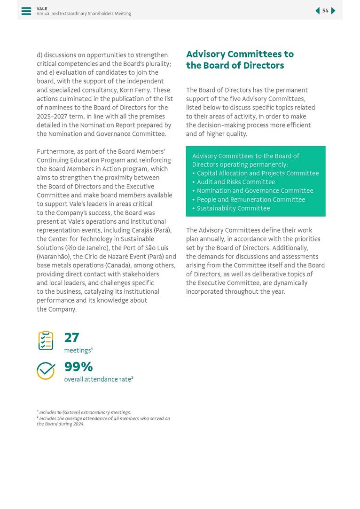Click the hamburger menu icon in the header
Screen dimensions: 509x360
tap(26, 11)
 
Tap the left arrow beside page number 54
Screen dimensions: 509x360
tap(317, 11)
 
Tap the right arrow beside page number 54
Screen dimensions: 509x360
tap(333, 11)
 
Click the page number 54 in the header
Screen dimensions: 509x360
tap(325, 11)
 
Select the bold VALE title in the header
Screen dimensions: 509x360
tap(42, 8)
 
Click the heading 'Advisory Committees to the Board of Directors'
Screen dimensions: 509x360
tap(240, 60)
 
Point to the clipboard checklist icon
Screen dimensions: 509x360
tap(46, 341)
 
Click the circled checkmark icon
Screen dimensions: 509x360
tap(46, 371)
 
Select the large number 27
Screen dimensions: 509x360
tap(71, 337)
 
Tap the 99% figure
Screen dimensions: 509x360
tap(78, 367)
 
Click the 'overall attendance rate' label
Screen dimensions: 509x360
tap(98, 379)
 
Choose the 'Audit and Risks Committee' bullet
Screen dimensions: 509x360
tap(236, 182)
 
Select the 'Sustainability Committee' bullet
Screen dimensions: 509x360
tap(233, 208)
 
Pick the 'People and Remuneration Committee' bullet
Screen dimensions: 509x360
tap(251, 200)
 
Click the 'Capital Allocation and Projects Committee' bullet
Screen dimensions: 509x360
tap(258, 173)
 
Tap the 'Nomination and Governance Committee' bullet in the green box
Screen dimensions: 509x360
tap(255, 191)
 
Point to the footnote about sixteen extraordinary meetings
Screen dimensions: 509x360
tap(85, 412)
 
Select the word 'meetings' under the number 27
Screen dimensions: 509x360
tap(78, 351)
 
